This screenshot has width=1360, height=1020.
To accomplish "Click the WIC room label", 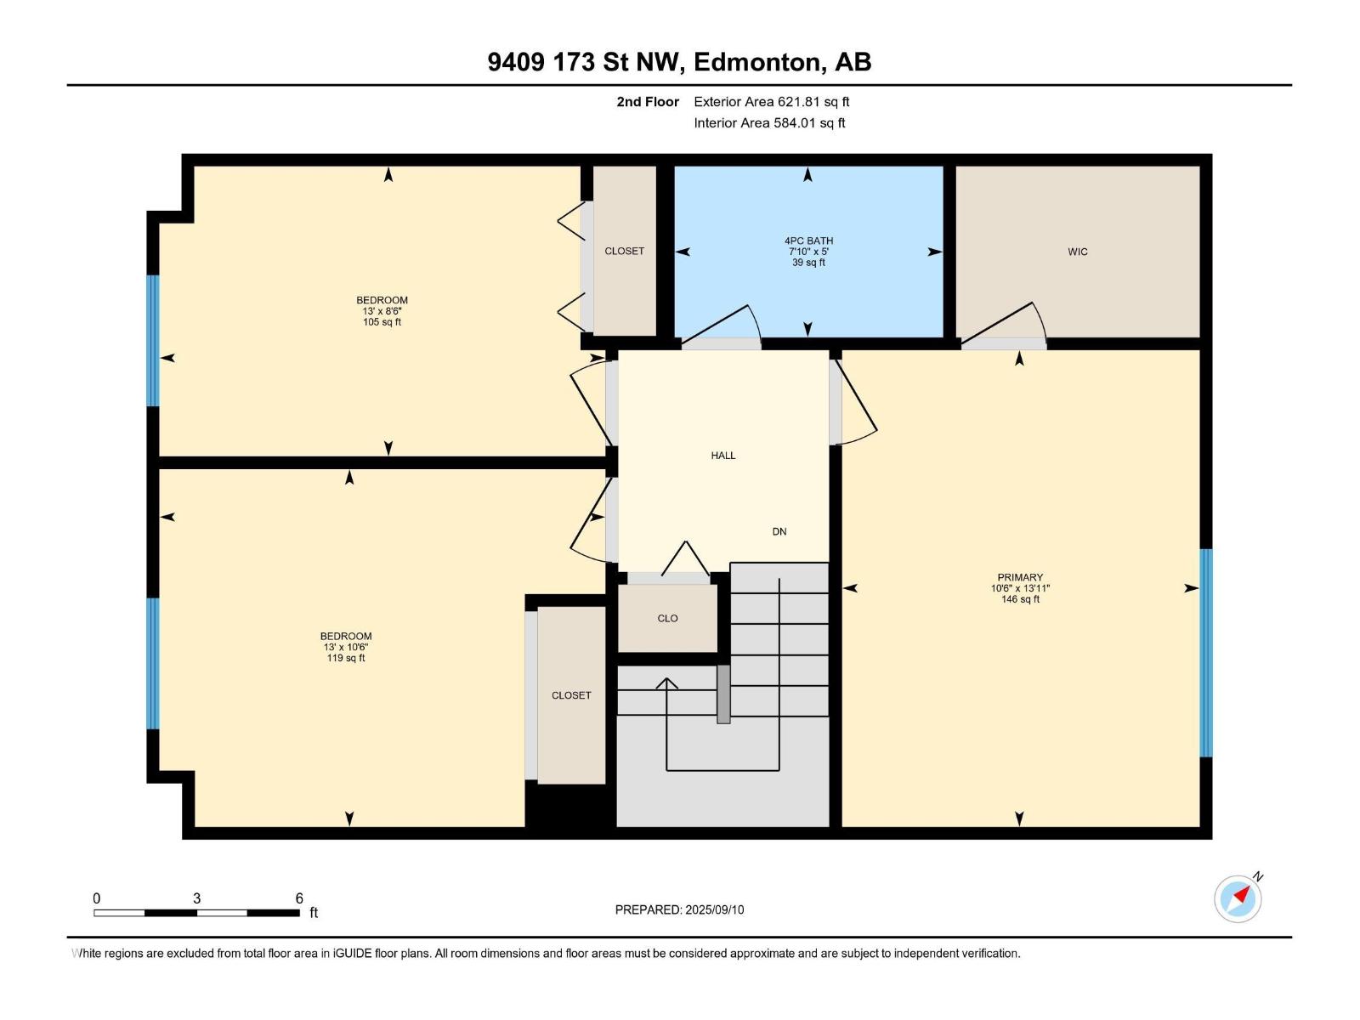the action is pyautogui.click(x=1078, y=252).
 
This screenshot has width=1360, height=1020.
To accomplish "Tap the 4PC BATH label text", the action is pyautogui.click(x=808, y=241).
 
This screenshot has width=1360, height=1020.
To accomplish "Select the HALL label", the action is pyautogui.click(x=723, y=456).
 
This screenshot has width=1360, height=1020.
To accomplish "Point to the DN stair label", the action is pyautogui.click(x=779, y=531).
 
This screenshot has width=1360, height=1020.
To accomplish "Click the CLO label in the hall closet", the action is pyautogui.click(x=667, y=618).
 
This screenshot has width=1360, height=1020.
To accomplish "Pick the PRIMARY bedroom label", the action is pyautogui.click(x=1020, y=577).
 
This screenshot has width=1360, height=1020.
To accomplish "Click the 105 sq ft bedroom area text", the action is pyautogui.click(x=382, y=322).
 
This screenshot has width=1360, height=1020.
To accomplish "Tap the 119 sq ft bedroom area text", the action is pyautogui.click(x=346, y=658).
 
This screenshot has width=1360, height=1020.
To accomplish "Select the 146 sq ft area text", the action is pyautogui.click(x=1020, y=599).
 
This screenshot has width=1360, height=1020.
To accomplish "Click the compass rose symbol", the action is pyautogui.click(x=1238, y=898).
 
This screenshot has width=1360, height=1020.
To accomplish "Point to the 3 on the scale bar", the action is pyautogui.click(x=197, y=898).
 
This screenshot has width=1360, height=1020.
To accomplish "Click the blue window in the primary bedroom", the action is pyautogui.click(x=1205, y=653).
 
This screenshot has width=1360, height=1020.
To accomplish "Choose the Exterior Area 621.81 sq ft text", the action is pyautogui.click(x=772, y=101).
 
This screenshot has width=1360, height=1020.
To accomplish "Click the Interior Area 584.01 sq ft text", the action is pyautogui.click(x=769, y=122).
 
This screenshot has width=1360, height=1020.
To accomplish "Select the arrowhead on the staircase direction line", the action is pyautogui.click(x=666, y=683).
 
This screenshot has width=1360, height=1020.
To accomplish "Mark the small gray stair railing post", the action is pyautogui.click(x=723, y=694).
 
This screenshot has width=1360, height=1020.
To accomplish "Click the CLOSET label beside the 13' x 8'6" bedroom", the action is pyautogui.click(x=624, y=251).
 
